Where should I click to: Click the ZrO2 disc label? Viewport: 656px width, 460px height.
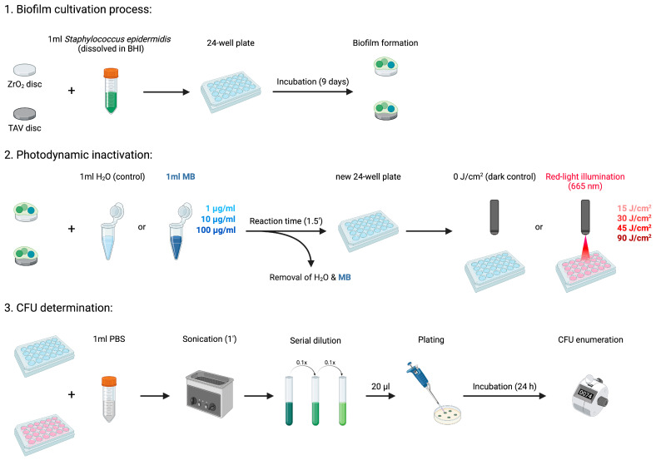[x=25, y=85]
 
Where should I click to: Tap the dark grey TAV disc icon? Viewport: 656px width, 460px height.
[x=25, y=114]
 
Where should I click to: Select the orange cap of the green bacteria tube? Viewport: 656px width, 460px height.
[x=111, y=73]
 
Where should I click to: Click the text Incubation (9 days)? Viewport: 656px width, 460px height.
[x=312, y=82]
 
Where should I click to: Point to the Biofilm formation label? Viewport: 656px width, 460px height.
[x=385, y=42]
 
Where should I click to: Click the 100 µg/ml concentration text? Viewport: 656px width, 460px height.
[x=216, y=230]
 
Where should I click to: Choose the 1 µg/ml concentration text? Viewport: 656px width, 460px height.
[x=221, y=208]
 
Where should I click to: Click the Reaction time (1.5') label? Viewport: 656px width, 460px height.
[x=286, y=220]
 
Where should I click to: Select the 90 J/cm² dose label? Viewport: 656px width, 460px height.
[x=634, y=238]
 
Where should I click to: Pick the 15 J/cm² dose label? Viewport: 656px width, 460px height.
[x=634, y=208]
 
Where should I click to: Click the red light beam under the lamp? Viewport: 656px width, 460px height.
[x=585, y=249]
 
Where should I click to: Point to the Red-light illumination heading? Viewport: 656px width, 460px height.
[x=585, y=181]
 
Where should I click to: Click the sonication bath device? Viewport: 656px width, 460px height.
[x=210, y=393]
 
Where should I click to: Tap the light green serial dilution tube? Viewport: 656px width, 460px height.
[x=342, y=401]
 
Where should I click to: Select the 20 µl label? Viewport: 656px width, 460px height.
[x=380, y=387]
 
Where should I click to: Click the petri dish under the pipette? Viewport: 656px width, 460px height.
[x=448, y=414]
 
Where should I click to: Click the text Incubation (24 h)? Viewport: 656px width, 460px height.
[x=504, y=387]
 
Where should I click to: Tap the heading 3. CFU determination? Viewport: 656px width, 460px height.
[x=58, y=308]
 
